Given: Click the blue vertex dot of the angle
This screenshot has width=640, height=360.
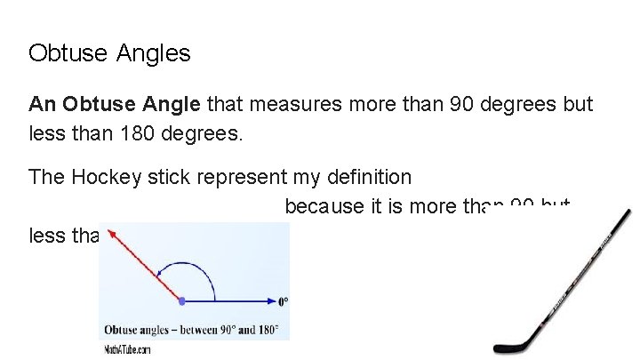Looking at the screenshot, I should click(x=182, y=300).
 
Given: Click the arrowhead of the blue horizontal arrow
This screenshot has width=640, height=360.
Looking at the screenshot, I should click(x=268, y=300).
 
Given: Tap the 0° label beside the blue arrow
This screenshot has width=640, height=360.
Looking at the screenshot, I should click(x=284, y=300).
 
